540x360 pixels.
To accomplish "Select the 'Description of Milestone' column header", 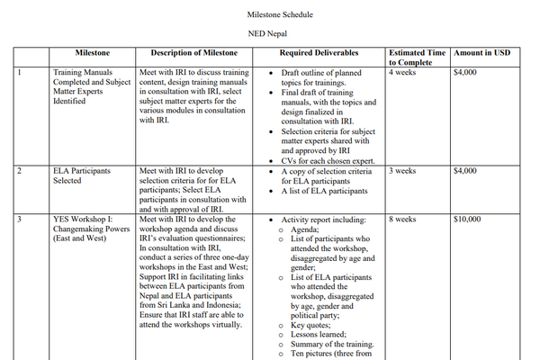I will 193,53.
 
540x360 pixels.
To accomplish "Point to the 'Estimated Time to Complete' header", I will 417,58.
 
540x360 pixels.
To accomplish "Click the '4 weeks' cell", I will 401,72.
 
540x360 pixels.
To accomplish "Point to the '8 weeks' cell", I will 401,219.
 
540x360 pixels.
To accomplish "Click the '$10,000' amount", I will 468,219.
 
